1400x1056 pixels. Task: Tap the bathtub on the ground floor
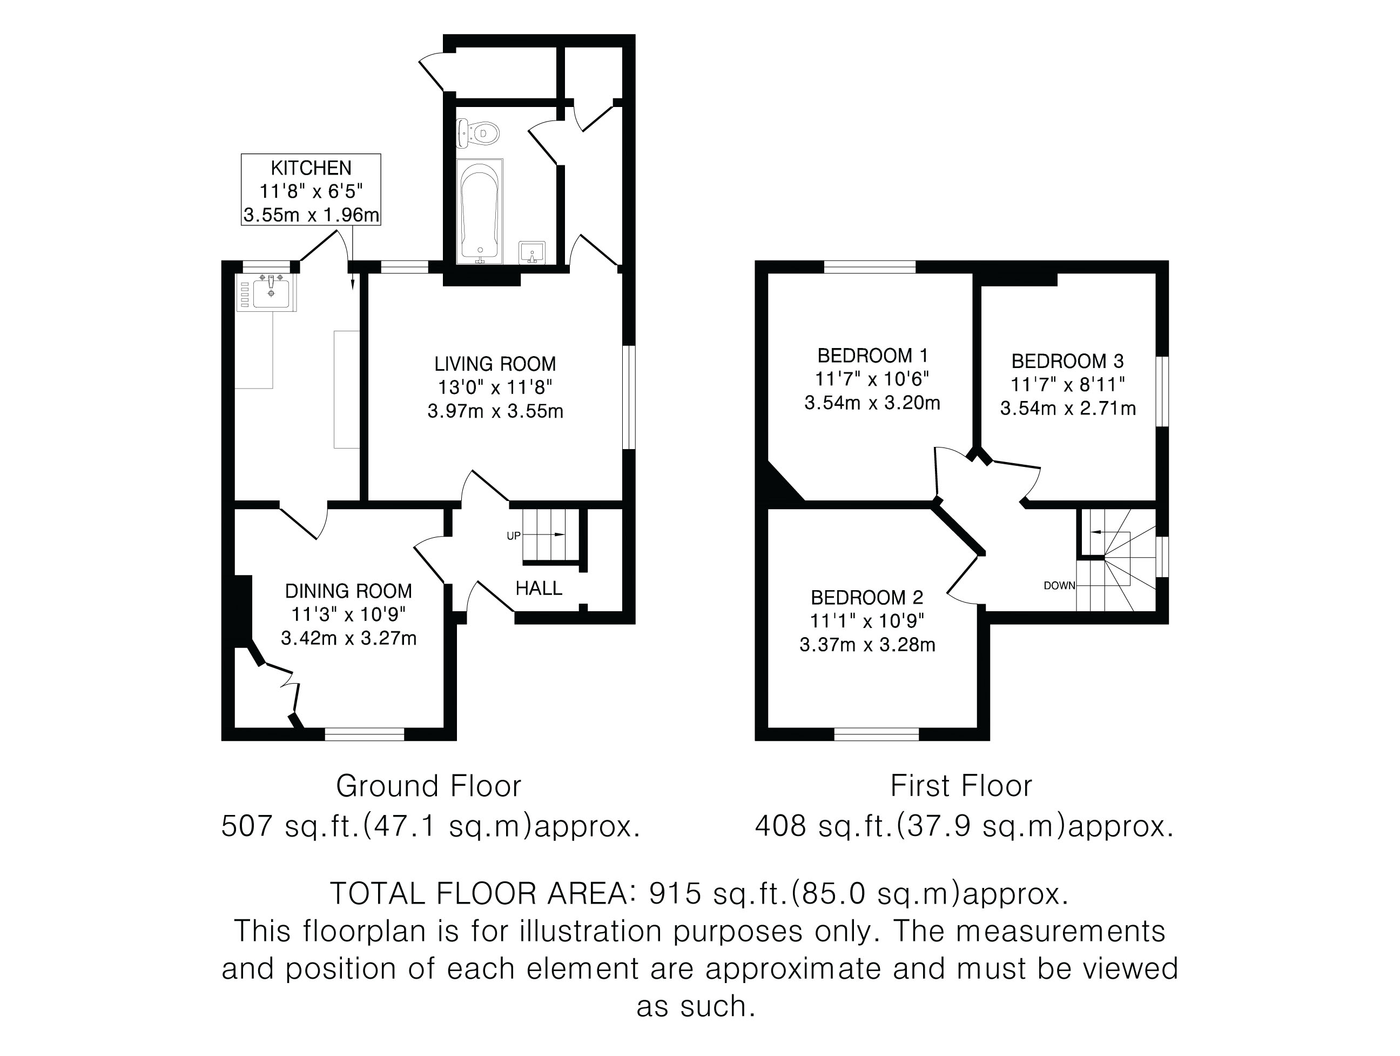pyautogui.click(x=480, y=211)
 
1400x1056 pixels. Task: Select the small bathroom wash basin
pyautogui.click(x=531, y=252)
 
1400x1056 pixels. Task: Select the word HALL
pyautogui.click(x=539, y=588)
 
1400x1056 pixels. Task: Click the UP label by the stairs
pyautogui.click(x=513, y=536)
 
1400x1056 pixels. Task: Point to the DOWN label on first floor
pyautogui.click(x=1060, y=586)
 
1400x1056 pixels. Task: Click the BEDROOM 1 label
pyautogui.click(x=873, y=355)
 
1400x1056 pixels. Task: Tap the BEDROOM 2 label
pyautogui.click(x=867, y=597)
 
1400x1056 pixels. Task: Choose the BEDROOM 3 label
pyautogui.click(x=1068, y=361)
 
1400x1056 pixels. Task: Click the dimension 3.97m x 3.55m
pyautogui.click(x=496, y=411)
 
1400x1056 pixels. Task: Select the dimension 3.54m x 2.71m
pyautogui.click(x=1068, y=409)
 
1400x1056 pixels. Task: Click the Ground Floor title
pyautogui.click(x=428, y=786)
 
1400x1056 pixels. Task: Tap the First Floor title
pyautogui.click(x=961, y=786)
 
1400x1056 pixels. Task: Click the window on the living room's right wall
pyautogui.click(x=629, y=397)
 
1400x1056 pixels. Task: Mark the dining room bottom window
pyautogui.click(x=365, y=734)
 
